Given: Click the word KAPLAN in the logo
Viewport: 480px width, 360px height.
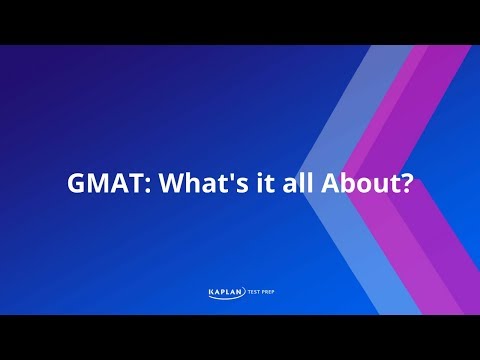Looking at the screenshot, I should pos(221,292).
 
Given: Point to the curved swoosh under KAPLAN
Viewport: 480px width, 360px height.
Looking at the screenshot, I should pos(222,298).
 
